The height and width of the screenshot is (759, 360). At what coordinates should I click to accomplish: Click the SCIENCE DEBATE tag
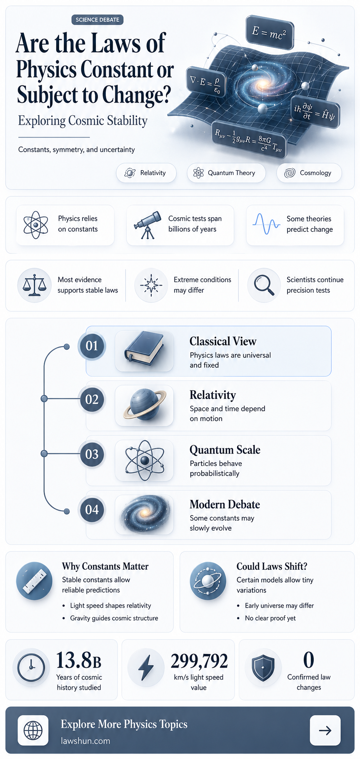pos(97,20)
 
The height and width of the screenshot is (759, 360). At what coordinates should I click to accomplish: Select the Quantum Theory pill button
pos(226,173)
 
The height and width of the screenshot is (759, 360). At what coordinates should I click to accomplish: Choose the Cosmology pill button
pos(309,173)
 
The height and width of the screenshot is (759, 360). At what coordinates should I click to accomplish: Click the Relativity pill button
pos(146,173)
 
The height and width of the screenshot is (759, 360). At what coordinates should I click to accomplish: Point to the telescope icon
pos(147,225)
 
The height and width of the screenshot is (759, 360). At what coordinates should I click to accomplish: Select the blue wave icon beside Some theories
pos(266,224)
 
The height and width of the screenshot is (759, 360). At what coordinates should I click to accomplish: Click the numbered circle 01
pos(92,346)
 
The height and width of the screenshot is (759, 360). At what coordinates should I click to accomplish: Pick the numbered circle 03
pos(92,454)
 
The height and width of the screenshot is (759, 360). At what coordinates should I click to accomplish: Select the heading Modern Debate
pos(225,504)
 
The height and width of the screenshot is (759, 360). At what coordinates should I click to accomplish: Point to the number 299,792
pos(199,661)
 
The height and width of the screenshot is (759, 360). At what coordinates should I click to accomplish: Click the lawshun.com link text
pos(85,741)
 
